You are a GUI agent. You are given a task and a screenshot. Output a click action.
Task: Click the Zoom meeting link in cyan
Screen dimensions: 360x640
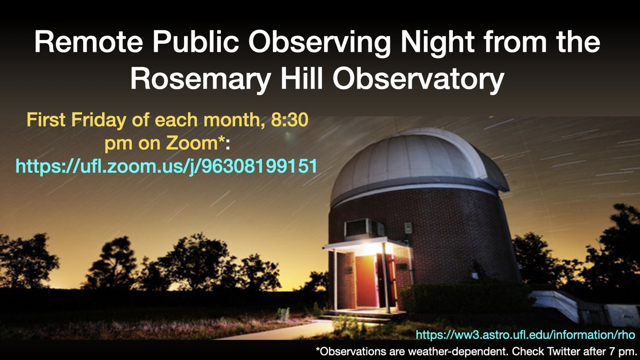click(x=166, y=166)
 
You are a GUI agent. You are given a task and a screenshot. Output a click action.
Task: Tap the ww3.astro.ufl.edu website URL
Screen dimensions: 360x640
click(x=525, y=335)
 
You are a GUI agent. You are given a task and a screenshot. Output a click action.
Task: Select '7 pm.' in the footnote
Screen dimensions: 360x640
click(x=621, y=351)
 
